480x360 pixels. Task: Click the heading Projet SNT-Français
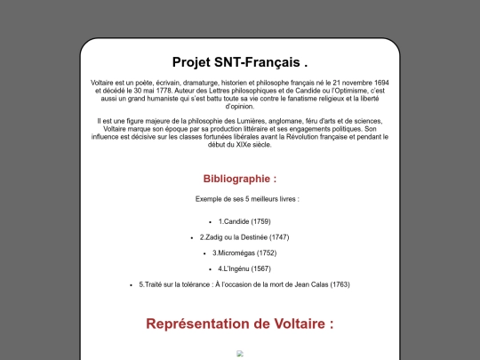[240, 62]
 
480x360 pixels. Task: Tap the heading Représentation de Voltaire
[240, 324]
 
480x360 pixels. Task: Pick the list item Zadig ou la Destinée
[244, 236]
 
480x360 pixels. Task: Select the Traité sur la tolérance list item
[244, 284]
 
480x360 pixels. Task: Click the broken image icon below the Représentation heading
[240, 353]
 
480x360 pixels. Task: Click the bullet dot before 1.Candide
[209, 220]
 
